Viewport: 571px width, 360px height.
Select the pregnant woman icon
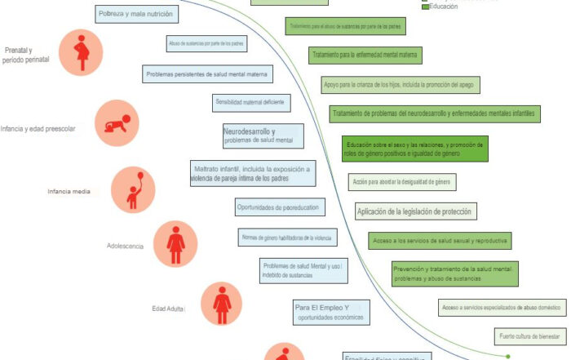pyautogui.click(x=81, y=53)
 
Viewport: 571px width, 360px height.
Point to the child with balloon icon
pyautogui.click(x=133, y=189)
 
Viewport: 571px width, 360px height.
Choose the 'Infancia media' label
pyautogui.click(x=69, y=192)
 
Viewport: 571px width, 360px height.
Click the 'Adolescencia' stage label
pyautogui.click(x=126, y=246)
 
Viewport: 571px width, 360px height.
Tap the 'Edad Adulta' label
pyautogui.click(x=168, y=309)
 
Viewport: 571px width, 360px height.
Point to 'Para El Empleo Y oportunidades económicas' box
pyautogui.click(x=330, y=312)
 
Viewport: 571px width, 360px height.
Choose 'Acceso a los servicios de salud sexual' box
pyautogui.click(x=440, y=241)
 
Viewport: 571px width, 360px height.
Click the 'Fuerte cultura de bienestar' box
pyautogui.click(x=529, y=336)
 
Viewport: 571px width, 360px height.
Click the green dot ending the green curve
pyautogui.click(x=508, y=356)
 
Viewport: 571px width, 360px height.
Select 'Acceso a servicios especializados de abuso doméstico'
pyautogui.click(x=500, y=307)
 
